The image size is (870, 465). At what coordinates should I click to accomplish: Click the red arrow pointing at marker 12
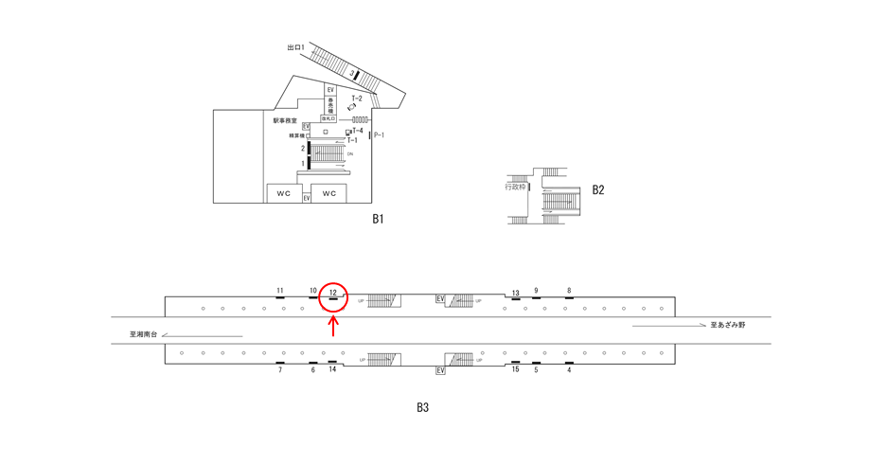point(333,326)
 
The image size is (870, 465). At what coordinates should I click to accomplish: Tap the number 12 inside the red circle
point(333,293)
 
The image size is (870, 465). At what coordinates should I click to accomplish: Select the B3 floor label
point(423,408)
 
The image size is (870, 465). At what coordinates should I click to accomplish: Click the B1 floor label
point(378,219)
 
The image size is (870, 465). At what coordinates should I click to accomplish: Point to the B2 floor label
point(597,189)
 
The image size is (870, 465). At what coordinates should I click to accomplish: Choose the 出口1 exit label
point(296,47)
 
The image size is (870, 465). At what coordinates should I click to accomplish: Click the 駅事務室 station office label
point(285,121)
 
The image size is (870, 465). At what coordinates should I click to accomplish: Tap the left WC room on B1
point(284,193)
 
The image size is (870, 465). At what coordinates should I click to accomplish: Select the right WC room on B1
point(329,193)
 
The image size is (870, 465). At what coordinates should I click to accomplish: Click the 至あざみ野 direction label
point(728,325)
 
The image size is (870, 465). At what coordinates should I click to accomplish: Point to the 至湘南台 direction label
point(144,334)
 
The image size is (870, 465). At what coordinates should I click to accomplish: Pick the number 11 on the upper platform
point(280,291)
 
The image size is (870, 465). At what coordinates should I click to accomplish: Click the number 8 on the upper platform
point(569,291)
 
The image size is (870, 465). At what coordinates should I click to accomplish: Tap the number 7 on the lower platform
point(280,370)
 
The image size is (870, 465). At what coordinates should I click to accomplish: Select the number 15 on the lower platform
point(515,369)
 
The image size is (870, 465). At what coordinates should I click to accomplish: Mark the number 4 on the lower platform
point(569,370)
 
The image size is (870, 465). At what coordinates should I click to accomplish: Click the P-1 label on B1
point(379,135)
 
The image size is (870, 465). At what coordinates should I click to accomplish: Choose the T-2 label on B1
point(357,98)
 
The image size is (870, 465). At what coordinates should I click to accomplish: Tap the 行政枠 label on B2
point(515,187)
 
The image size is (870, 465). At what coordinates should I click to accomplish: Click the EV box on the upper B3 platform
point(440,299)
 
